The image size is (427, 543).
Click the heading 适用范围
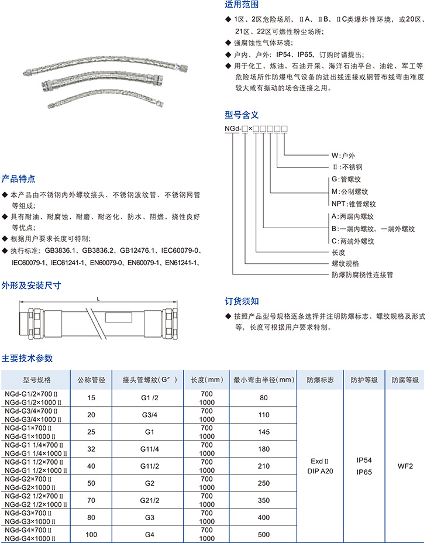[x=242, y=6]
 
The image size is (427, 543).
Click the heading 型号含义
[x=242, y=115]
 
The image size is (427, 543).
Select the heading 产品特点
[x=18, y=178]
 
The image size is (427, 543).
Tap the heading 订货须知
[x=242, y=301]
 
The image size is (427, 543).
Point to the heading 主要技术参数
[x=27, y=358]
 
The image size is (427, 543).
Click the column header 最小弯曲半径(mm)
[x=263, y=380]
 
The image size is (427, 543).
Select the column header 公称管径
[x=91, y=380]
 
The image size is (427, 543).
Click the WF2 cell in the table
[x=405, y=466]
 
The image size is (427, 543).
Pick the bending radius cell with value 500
[x=263, y=534]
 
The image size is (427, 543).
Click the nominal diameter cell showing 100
[x=91, y=534]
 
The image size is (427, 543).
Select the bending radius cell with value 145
[x=263, y=432]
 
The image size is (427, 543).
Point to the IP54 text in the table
[x=364, y=460]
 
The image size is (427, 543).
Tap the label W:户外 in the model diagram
[x=343, y=156]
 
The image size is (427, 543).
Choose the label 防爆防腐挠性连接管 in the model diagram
[x=362, y=274]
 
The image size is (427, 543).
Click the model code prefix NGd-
[x=233, y=128]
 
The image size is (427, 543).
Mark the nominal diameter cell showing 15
[x=91, y=398]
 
